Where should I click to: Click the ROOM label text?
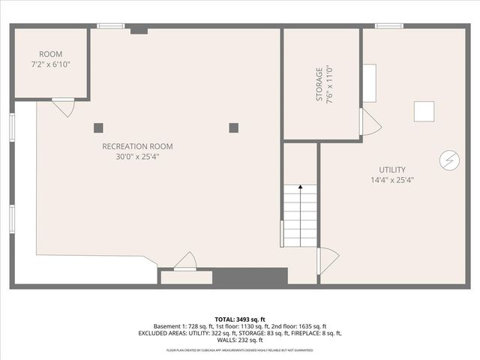51,54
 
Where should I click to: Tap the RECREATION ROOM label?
137,146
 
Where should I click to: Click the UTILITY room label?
391,169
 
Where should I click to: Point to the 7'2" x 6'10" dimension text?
51,65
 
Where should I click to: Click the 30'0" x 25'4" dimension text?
137,157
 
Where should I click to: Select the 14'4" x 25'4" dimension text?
391,180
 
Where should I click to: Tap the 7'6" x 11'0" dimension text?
328,84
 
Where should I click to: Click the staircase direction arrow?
301,187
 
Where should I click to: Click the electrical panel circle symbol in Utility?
449,160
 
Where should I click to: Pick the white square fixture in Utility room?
424,111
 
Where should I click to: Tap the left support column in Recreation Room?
98,127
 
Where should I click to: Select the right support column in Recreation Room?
233,127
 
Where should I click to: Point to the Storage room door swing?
369,122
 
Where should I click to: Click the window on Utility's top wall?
389,26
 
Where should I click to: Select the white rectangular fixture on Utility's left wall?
370,82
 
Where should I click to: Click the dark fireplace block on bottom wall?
250,276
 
